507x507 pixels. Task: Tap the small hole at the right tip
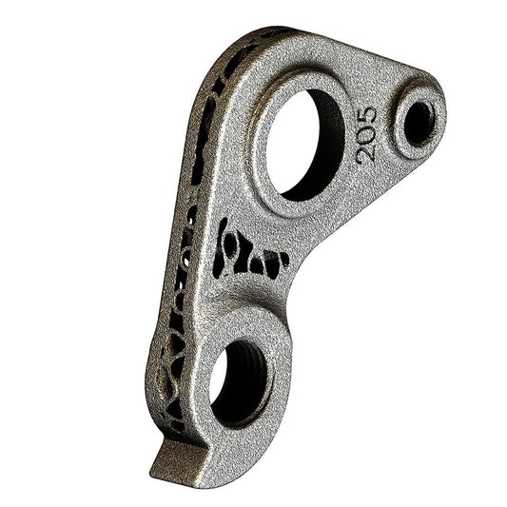pyautogui.click(x=418, y=123)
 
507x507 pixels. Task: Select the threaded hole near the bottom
pyautogui.click(x=239, y=380)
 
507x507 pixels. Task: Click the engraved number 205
pyautogui.click(x=365, y=134)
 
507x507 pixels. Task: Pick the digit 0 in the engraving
pyautogui.click(x=365, y=134)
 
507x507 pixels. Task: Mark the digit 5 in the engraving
pyautogui.click(x=365, y=116)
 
